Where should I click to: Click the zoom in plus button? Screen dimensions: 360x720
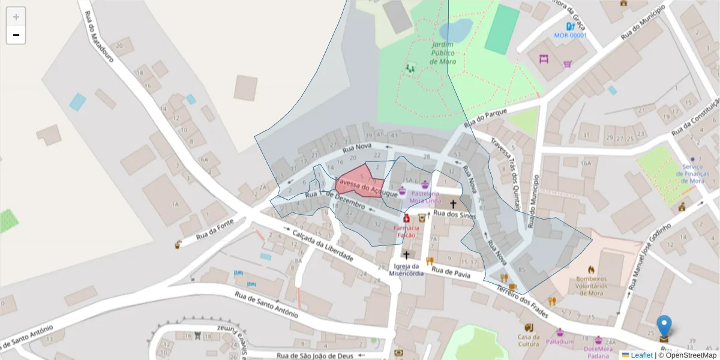point(16,17)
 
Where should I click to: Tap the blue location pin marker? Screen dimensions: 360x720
point(664,326)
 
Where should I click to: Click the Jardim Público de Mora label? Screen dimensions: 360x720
point(443,53)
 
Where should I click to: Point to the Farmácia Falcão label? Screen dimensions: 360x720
point(404,232)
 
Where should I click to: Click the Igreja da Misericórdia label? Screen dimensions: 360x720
point(406,269)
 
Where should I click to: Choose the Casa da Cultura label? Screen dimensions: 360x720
point(529,340)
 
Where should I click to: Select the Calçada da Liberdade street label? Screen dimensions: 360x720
point(322,244)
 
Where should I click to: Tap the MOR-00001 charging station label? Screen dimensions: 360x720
point(569,35)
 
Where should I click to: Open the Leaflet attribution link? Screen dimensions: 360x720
point(641,355)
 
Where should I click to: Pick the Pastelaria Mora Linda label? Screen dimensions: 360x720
point(426,197)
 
